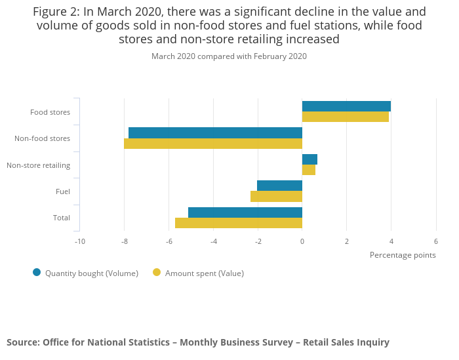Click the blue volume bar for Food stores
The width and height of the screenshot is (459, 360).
coord(346,106)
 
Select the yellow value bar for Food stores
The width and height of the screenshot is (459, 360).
coord(346,117)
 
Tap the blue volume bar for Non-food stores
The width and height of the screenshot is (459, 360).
coord(215,132)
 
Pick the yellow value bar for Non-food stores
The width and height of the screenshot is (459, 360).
coord(213,144)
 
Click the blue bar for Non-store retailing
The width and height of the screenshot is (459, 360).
coord(309,159)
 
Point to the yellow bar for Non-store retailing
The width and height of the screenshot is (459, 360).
coord(309,170)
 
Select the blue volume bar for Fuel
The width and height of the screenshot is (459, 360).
coord(279,186)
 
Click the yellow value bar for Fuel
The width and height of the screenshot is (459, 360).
coord(276,196)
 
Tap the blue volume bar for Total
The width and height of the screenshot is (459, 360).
coord(245,212)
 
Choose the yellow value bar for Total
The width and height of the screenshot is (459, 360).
coord(239,223)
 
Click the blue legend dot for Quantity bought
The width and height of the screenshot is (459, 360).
coord(37,272)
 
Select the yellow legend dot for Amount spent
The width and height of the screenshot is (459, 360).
coord(157,272)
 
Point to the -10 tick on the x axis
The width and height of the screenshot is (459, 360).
coord(79,241)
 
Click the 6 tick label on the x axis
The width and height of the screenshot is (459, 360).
coord(436,241)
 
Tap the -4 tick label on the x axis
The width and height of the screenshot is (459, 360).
coord(213,241)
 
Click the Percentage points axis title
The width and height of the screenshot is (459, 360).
coord(403,255)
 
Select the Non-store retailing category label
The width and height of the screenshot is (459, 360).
coord(38,165)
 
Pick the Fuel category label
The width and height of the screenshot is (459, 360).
coord(63,191)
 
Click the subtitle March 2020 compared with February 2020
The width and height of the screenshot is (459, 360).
coord(229,56)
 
